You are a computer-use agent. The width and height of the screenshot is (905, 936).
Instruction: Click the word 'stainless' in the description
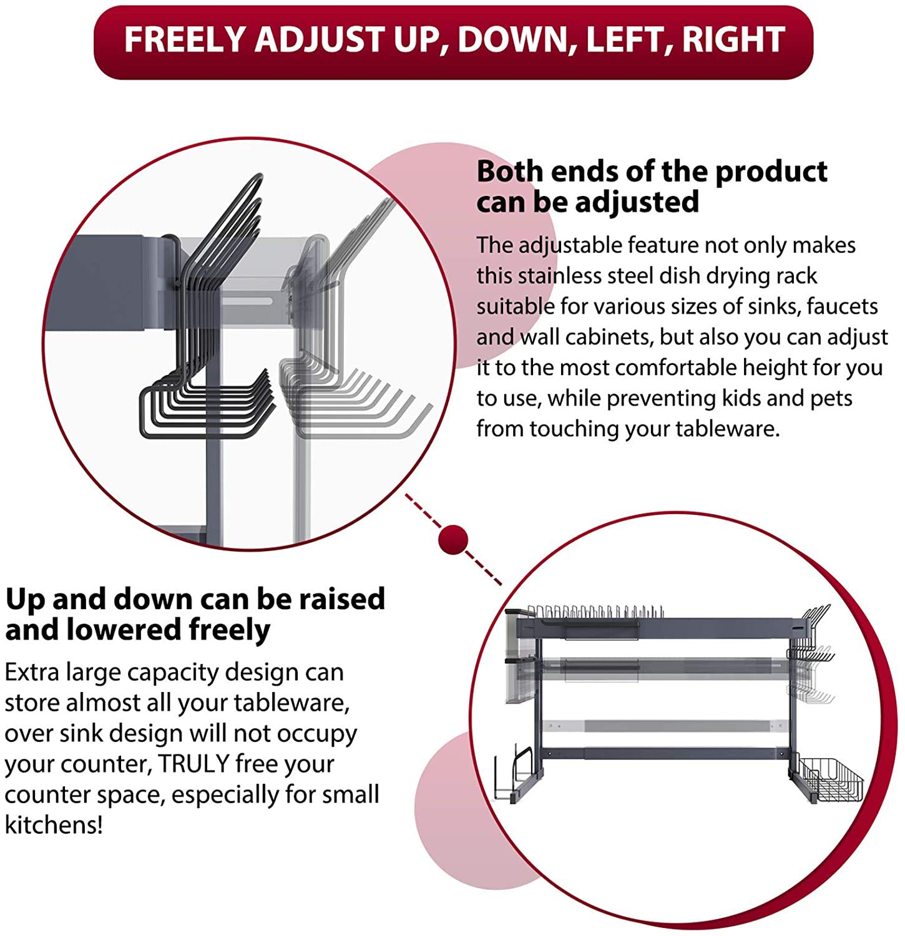pos(565,276)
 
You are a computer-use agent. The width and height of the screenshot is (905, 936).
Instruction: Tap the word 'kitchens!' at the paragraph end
pos(54,825)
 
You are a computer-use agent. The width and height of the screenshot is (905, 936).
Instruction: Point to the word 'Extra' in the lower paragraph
pos(32,673)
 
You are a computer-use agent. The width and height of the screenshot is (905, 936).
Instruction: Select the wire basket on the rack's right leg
pos(830,780)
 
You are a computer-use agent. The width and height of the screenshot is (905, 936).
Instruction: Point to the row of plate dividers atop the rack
pos(593,613)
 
